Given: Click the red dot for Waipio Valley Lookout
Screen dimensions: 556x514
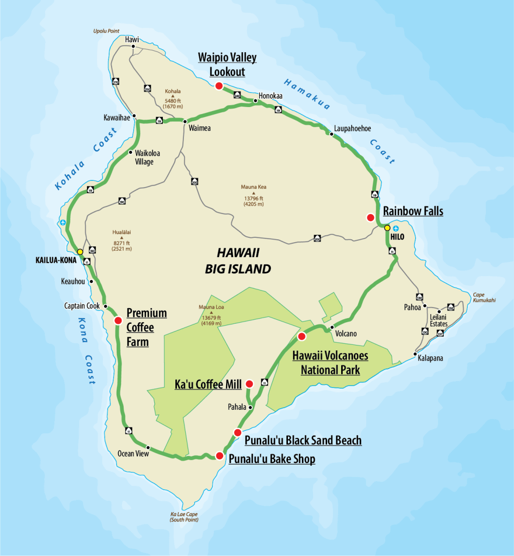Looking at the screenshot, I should pyautogui.click(x=219, y=86).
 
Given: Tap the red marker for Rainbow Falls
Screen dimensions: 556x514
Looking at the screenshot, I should pyautogui.click(x=370, y=217).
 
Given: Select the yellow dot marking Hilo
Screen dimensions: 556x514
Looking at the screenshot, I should pyautogui.click(x=387, y=228).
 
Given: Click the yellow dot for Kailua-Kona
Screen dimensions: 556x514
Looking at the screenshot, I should pyautogui.click(x=80, y=251).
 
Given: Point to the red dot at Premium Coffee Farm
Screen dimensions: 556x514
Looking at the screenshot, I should pyautogui.click(x=118, y=320).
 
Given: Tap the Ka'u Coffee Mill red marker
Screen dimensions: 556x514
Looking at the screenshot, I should pyautogui.click(x=249, y=384).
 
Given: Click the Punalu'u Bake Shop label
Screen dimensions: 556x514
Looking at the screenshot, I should pyautogui.click(x=272, y=459).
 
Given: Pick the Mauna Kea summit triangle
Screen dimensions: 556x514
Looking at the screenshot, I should pyautogui.click(x=254, y=193).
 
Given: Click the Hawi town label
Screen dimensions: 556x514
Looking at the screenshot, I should pyautogui.click(x=133, y=39).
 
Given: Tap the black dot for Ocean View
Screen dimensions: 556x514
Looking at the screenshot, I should pyautogui.click(x=148, y=447).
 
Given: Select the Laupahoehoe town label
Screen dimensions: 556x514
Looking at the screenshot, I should pyautogui.click(x=352, y=128).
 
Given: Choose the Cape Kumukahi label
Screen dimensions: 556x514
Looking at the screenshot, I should pyautogui.click(x=484, y=298).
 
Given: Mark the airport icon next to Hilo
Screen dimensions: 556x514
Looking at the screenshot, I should pyautogui.click(x=395, y=228).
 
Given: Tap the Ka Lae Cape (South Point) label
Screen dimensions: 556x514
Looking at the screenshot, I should pyautogui.click(x=184, y=517).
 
